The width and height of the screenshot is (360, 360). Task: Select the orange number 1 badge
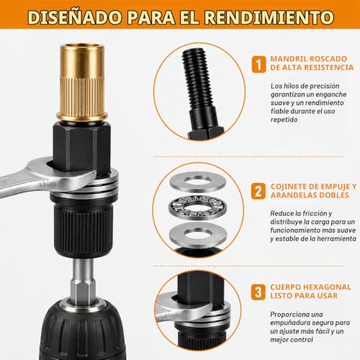coord(258,64)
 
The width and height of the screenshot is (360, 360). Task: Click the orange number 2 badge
coord(258,192)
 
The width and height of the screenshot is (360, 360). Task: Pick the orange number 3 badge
coord(258,292)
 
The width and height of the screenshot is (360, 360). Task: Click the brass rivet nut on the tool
coord(82,82)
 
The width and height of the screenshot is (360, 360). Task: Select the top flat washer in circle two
coord(197,181)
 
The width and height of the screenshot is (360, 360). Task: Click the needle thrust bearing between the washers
coord(197,207)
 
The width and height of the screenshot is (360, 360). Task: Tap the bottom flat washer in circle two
coord(197,235)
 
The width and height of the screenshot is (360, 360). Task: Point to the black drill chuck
coord(83,331)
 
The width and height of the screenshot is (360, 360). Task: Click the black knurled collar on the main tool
coord(83,228)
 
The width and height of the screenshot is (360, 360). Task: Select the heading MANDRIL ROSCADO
coord(309,59)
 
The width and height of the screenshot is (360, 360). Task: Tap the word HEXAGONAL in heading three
coord(328,287)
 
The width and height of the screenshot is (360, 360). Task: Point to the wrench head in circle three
coord(189,306)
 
